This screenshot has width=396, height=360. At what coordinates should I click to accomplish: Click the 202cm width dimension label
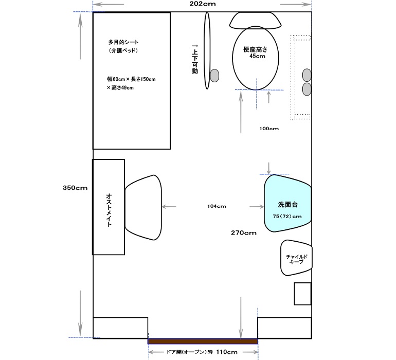pos(203,4)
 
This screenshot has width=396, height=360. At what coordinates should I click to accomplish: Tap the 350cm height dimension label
pos(75,188)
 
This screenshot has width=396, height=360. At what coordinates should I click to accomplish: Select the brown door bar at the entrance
pos(203,341)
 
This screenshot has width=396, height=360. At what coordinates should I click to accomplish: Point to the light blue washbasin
pos(287,203)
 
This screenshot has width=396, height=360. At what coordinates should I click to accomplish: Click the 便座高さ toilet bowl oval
pos(255,58)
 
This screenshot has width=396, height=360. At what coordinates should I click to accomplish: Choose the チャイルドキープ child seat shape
pos(296,258)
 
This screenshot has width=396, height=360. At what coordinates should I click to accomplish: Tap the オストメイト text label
pos(109,210)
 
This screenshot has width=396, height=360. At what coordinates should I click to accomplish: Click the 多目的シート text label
pos(123,42)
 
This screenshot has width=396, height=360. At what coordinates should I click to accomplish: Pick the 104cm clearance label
pos(217,206)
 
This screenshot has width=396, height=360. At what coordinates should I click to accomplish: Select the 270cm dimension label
pos(244,232)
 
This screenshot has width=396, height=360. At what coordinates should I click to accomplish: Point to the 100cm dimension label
pos(269,129)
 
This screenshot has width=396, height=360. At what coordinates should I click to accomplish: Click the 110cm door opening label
pos(227,352)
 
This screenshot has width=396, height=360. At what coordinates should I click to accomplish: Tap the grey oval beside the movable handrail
pos(214,76)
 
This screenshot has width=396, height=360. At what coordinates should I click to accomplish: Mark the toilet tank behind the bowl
pos(255,20)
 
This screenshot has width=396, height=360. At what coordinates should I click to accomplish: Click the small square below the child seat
pos(302,294)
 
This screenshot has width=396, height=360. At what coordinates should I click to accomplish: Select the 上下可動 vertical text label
pos(195,59)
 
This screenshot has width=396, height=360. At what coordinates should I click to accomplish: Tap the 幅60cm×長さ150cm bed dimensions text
pos(131,79)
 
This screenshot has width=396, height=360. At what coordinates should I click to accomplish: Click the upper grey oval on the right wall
pos(307,75)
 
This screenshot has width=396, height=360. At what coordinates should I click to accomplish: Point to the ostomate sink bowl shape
pos(143,207)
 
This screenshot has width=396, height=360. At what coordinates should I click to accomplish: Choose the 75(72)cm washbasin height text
pos(287,216)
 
